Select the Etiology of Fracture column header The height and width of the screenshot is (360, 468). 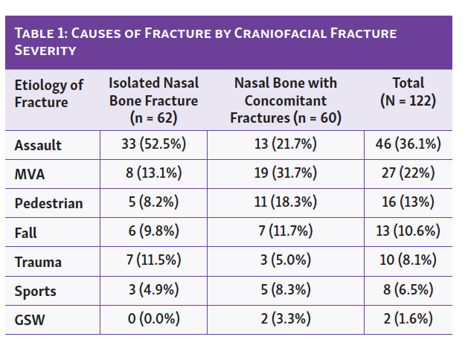point(49,93)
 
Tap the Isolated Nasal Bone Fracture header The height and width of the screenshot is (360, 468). point(154,100)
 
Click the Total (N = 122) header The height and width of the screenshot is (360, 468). point(408,91)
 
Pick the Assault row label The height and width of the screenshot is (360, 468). point(38,145)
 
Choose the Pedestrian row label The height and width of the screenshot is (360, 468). point(48,203)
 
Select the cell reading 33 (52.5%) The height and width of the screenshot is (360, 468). point(154,145)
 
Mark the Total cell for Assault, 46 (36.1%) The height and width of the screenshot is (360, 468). point(408,145)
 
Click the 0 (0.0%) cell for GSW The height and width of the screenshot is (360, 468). point(154,320)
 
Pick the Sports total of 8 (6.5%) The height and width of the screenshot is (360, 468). point(408,291)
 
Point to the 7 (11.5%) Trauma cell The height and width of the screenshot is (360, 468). point(154,262)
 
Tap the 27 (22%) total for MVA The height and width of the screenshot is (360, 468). point(408,174)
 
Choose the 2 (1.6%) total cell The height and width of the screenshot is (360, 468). point(408,320)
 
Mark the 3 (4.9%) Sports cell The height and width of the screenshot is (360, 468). point(154,291)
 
